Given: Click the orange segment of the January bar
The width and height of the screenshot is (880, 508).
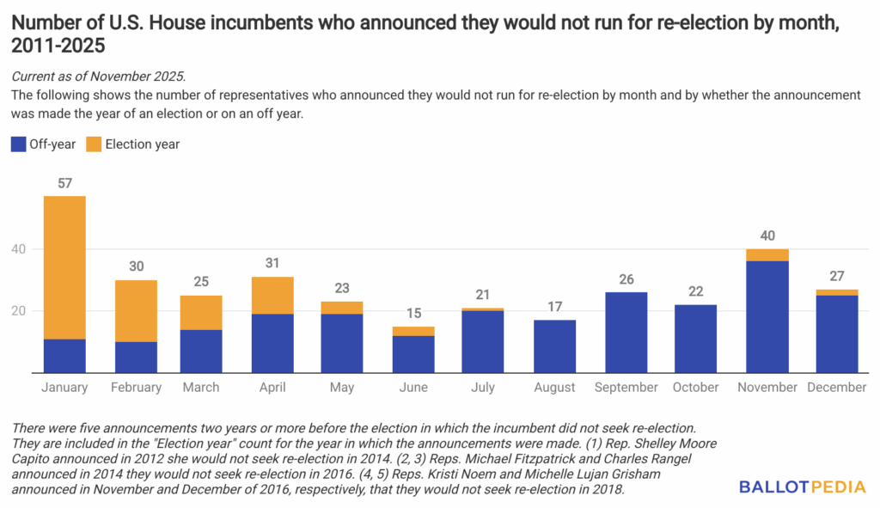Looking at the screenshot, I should click(x=64, y=267).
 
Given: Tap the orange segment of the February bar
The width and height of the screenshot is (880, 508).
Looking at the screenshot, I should click(x=136, y=310).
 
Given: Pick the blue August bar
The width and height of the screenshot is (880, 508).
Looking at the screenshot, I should click(x=554, y=346).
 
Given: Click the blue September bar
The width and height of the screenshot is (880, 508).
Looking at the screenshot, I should click(x=626, y=332).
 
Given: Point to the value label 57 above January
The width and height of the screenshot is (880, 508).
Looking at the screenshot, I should click(x=64, y=184).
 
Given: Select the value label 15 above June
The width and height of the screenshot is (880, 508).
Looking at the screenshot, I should click(x=413, y=314).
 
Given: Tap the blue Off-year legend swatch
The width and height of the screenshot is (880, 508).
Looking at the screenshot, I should click(x=18, y=144).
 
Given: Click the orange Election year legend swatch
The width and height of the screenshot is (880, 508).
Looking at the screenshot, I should click(x=94, y=144).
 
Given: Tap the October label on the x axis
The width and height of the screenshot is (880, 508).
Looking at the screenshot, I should click(x=696, y=388).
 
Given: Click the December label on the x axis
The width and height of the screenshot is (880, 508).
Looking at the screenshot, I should click(x=836, y=388).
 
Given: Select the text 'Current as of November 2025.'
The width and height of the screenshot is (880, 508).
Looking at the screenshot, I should click(x=98, y=77).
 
